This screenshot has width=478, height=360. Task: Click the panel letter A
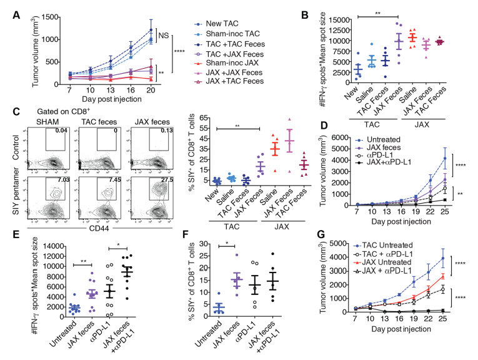pos(7,7)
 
